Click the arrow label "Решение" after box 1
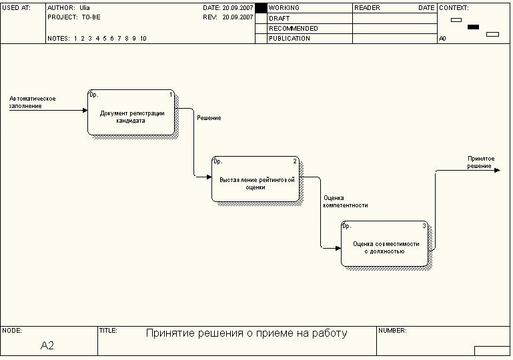[x=209, y=118]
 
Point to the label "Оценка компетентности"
[x=346, y=201]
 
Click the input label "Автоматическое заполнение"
[x=32, y=102]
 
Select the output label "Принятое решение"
[x=480, y=162]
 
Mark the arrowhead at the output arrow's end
[x=496, y=170]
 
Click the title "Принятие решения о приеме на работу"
[x=246, y=333]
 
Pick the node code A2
[x=47, y=345]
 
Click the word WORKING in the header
[x=284, y=8]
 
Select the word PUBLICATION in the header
[x=289, y=39]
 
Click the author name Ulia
[x=85, y=8]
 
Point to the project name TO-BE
[x=91, y=17]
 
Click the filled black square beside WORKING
[x=261, y=8]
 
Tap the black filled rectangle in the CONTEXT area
[x=474, y=27]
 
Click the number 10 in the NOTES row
[x=143, y=39]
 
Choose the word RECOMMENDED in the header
[x=293, y=29]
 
